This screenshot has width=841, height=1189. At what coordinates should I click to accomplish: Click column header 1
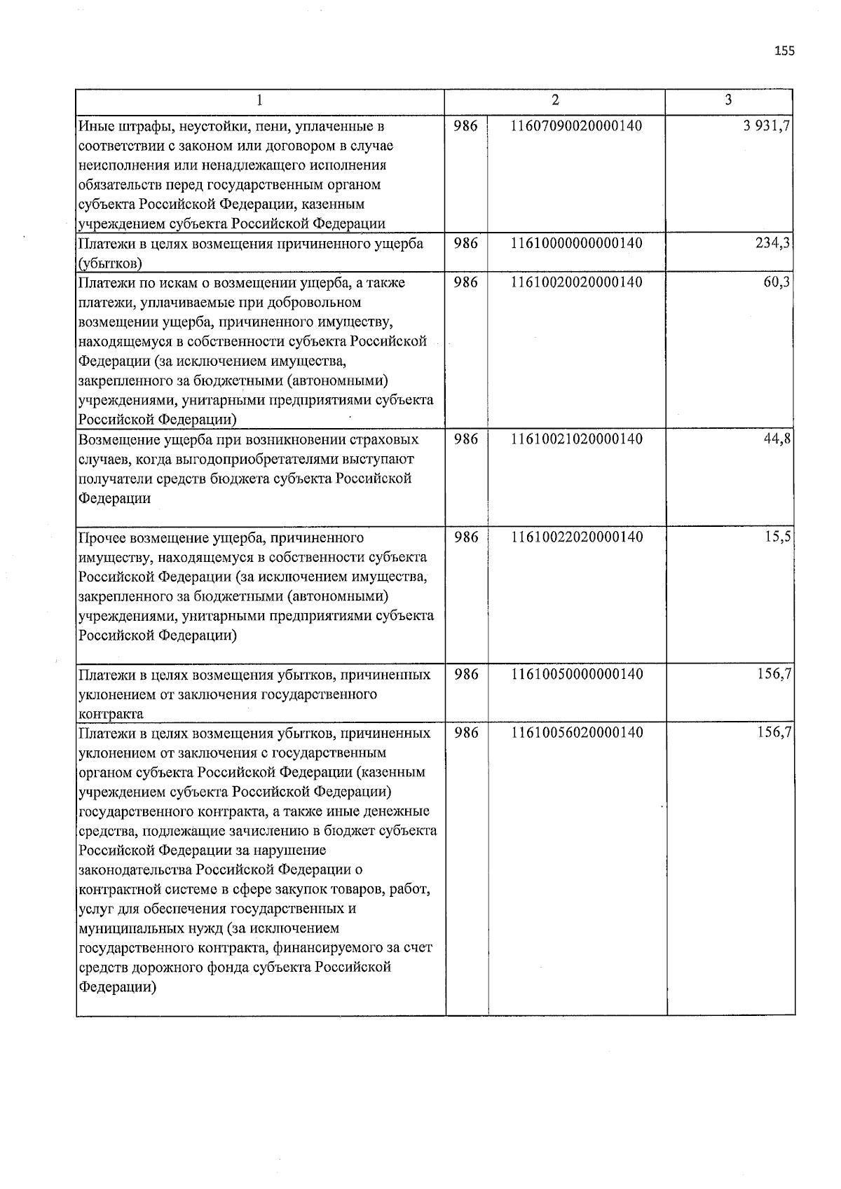click(260, 101)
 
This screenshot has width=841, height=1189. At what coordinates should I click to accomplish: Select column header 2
click(555, 101)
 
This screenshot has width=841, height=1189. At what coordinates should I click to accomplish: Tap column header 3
click(728, 101)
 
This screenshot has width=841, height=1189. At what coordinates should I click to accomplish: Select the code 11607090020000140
click(576, 126)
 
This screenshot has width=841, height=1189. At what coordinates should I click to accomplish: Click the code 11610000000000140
click(576, 243)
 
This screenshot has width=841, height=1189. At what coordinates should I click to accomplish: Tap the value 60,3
click(777, 282)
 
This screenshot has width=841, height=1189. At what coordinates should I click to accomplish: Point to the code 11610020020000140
click(576, 282)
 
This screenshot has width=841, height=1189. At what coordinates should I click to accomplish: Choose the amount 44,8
click(777, 439)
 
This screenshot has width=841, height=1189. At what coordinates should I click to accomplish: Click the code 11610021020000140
click(576, 439)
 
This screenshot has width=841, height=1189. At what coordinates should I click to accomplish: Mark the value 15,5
click(778, 537)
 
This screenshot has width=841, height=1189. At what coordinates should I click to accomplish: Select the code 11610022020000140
click(576, 537)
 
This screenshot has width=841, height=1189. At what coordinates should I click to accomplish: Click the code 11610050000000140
click(576, 674)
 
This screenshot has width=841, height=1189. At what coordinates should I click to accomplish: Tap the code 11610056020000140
click(576, 733)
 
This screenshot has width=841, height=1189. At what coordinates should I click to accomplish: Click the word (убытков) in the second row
click(110, 263)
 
